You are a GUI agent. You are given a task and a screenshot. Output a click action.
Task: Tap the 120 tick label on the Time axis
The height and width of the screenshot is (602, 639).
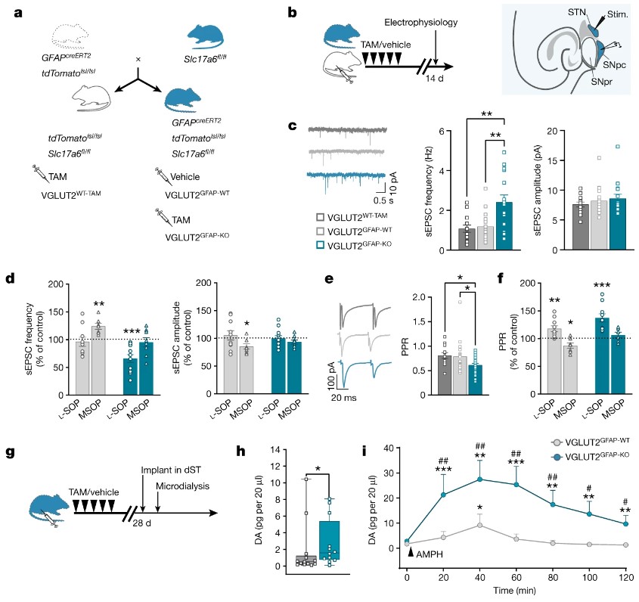click(625, 579)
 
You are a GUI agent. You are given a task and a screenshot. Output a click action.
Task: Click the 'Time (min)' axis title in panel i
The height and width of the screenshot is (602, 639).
click(515, 592)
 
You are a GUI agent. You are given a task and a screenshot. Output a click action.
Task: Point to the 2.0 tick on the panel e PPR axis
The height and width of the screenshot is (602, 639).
click(414, 297)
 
